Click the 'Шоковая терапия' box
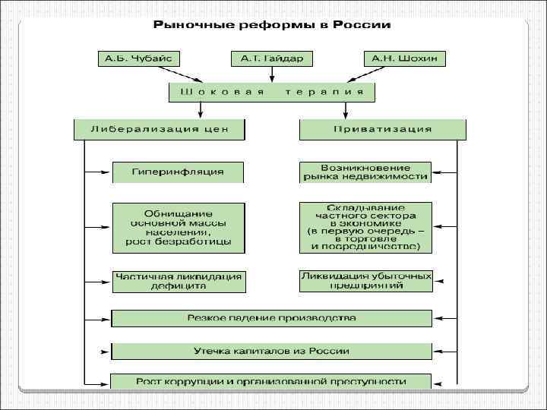(272, 92)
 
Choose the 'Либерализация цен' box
(160, 129)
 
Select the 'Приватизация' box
(382, 129)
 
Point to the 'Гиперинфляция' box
(179, 172)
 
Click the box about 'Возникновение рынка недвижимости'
(365, 172)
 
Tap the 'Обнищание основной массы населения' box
(179, 227)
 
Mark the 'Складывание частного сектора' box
(365, 227)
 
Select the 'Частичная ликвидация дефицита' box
(179, 282)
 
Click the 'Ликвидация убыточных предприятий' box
(365, 280)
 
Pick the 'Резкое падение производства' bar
(271, 317)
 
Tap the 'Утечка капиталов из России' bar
(271, 351)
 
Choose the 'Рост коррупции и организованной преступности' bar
(271, 381)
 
